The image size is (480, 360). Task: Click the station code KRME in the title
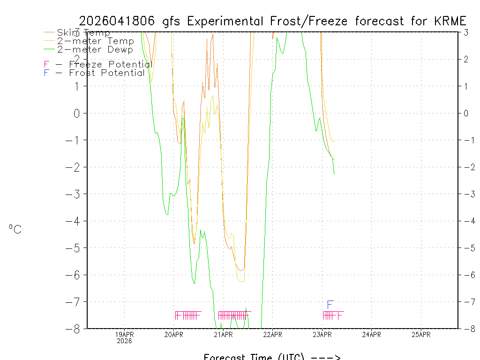451,21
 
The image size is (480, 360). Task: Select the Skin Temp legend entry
83,33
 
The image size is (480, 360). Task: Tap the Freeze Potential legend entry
98,64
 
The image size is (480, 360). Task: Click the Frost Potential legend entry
94,73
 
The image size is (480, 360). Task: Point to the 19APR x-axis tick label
124,335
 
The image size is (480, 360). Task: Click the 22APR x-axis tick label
272,335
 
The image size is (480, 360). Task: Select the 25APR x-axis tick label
421,335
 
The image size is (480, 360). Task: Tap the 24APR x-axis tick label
371,335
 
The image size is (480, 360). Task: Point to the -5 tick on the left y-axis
75,248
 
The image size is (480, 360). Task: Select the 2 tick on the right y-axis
466,59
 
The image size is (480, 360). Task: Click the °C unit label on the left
15,229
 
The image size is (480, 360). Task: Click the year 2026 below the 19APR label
124,341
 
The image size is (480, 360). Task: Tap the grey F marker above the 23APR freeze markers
330,305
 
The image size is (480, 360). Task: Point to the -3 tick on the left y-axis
75,194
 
